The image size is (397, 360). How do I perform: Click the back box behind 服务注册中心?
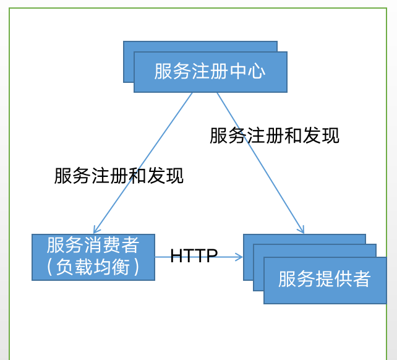click(x=129, y=62)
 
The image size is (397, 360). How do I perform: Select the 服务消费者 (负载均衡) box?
click(x=93, y=257)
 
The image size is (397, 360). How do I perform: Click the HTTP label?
click(x=194, y=256)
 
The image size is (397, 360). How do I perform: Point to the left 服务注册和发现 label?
click(x=119, y=176)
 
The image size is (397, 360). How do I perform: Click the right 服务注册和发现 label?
click(x=274, y=135)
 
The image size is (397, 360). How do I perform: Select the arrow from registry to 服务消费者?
click(x=142, y=163)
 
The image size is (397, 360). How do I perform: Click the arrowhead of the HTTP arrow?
click(x=239, y=257)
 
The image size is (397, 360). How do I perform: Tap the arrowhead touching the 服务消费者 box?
click(x=96, y=229)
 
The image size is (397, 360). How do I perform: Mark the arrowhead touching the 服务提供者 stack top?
click(x=301, y=229)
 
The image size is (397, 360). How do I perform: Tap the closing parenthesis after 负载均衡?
click(x=137, y=267)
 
